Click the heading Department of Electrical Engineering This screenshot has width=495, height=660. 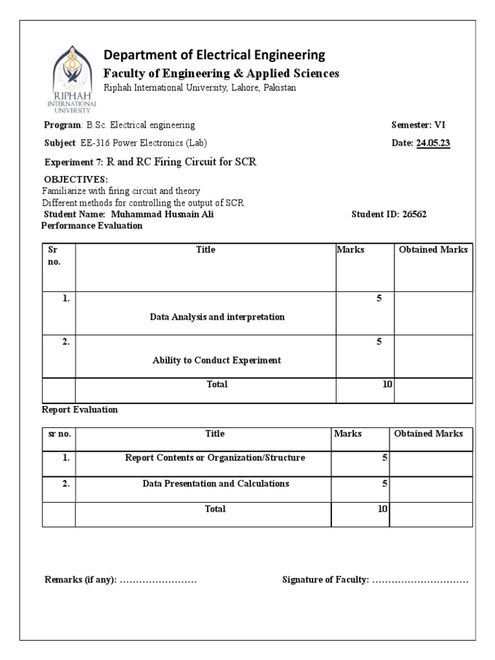pyautogui.click(x=214, y=55)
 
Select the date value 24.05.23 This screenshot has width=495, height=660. pyautogui.click(x=433, y=143)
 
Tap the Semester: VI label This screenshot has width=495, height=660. pyautogui.click(x=418, y=125)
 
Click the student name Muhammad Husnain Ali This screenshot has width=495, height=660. pyautogui.click(x=162, y=215)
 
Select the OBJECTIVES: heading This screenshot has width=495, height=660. pyautogui.click(x=75, y=179)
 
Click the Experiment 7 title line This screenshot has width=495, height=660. pyautogui.click(x=150, y=162)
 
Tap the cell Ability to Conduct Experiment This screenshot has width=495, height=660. pyautogui.click(x=217, y=360)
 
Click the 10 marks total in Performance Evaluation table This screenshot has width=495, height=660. pyautogui.click(x=387, y=384)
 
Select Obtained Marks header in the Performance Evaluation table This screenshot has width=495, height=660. pyautogui.click(x=433, y=249)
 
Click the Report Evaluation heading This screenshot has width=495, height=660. pyautogui.click(x=79, y=410)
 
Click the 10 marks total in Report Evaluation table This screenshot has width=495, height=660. pyautogui.click(x=382, y=509)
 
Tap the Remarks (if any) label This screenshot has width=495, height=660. pyautogui.click(x=80, y=580)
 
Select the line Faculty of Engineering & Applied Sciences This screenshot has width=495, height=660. pyautogui.click(x=221, y=73)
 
